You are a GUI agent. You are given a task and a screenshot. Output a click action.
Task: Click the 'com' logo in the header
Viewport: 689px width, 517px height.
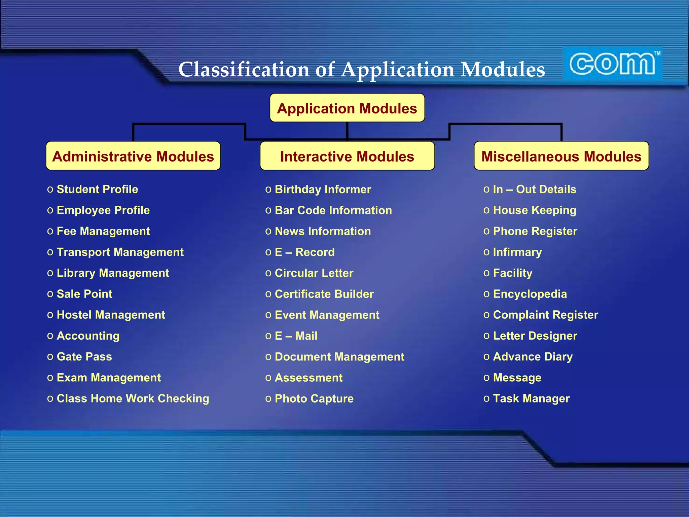point(612,64)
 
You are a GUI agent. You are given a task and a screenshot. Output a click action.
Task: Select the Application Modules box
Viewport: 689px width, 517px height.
point(347,108)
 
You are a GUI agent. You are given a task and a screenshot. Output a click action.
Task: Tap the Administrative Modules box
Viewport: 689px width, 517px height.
point(133,156)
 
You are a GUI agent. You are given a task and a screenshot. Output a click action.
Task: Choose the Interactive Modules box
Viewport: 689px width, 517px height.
point(347,156)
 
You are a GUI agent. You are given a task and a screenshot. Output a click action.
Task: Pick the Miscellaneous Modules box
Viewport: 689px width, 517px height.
point(561,156)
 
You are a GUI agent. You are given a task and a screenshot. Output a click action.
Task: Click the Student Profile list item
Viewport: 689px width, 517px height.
point(97,189)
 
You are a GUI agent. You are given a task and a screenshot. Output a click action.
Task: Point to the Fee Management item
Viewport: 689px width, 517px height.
point(103,231)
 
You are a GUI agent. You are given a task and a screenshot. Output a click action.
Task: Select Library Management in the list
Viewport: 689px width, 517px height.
point(113,273)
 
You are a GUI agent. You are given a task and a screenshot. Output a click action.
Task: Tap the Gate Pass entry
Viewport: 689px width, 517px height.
point(84,356)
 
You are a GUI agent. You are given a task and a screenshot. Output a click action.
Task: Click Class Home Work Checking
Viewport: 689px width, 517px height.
point(133,399)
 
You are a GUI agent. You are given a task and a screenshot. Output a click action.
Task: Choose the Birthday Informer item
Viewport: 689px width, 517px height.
point(323,189)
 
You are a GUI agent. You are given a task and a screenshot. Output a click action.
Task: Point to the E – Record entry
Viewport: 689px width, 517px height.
point(305,252)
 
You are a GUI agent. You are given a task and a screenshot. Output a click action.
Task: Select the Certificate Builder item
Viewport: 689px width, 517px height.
point(324,294)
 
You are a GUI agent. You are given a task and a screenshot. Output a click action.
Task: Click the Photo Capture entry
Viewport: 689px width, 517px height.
point(314,399)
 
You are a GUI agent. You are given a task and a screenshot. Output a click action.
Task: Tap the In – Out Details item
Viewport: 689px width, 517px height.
point(535,189)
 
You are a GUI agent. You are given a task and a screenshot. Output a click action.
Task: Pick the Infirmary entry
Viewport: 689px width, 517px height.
point(517,252)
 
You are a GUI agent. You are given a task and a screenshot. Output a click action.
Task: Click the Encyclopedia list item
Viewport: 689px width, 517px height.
point(530,294)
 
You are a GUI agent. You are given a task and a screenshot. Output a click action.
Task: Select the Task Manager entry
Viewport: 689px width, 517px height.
point(531,399)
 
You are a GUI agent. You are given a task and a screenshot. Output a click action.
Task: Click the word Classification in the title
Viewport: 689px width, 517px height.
point(244,70)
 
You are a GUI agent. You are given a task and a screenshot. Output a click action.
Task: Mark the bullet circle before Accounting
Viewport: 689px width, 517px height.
point(50,336)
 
